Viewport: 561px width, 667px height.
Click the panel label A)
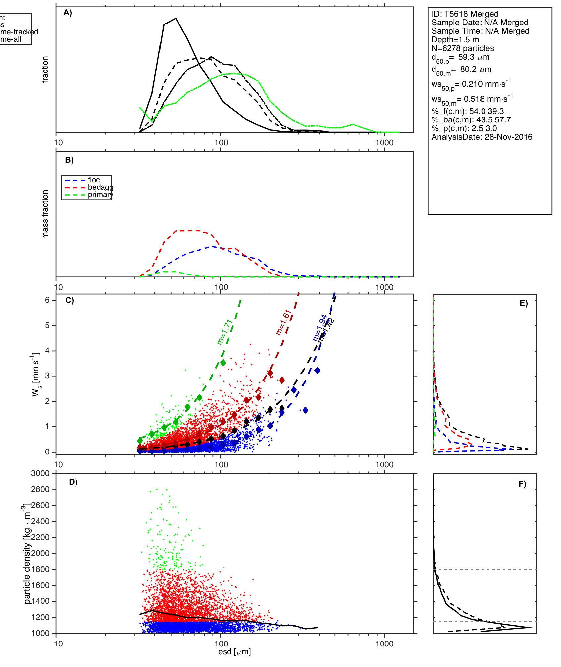[x=68, y=13]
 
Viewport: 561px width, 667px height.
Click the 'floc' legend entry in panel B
[x=94, y=180]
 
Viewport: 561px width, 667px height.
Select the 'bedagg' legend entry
[x=100, y=187]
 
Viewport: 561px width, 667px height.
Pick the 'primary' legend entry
[x=100, y=195]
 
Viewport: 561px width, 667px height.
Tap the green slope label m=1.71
[x=225, y=332]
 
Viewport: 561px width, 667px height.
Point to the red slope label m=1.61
[x=284, y=322]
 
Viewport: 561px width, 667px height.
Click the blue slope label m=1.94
[x=320, y=328]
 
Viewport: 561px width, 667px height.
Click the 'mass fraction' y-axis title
[x=45, y=214]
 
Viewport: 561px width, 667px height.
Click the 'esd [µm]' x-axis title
[x=234, y=652]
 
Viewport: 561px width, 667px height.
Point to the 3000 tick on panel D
[x=40, y=473]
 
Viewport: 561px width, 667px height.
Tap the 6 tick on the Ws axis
[x=48, y=300]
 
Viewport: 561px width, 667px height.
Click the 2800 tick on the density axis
[x=40, y=489]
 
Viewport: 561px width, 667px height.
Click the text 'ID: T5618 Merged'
[x=465, y=14]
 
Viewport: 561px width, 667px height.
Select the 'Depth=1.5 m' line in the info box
[x=455, y=40]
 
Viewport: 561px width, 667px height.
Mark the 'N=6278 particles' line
[x=463, y=48]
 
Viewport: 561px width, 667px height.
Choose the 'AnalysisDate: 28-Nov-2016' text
[x=482, y=137]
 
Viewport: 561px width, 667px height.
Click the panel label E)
[x=524, y=303]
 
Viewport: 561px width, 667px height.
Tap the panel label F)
[x=522, y=484]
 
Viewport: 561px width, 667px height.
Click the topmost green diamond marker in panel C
[x=223, y=363]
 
